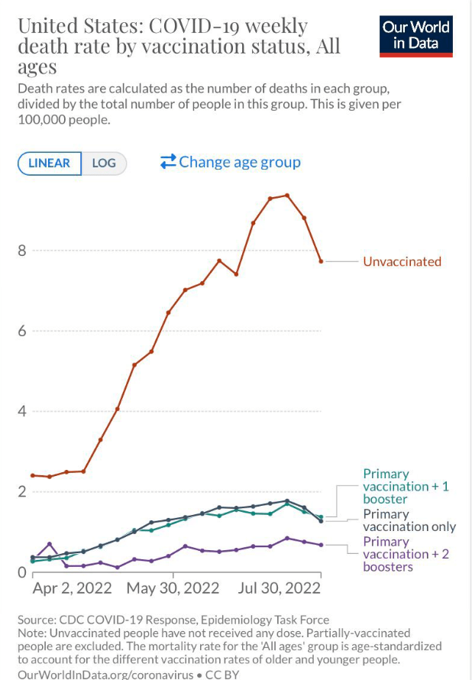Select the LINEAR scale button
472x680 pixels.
click(49, 163)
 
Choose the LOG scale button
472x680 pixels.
click(104, 163)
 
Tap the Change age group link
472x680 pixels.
click(231, 162)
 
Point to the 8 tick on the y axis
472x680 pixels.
click(23, 251)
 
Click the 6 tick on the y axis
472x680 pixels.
click(23, 331)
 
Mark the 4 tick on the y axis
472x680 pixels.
click(23, 411)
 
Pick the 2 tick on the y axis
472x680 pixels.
click(23, 491)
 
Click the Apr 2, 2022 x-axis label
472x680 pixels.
click(72, 588)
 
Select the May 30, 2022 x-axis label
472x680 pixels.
click(173, 588)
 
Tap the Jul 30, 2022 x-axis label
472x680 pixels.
click(280, 588)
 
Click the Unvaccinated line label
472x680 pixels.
click(402, 261)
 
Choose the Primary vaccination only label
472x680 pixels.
click(409, 520)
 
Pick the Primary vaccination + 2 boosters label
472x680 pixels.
click(406, 554)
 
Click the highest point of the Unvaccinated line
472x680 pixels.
click(287, 195)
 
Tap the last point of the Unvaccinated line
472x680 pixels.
click(321, 261)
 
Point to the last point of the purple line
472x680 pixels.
click(321, 545)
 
